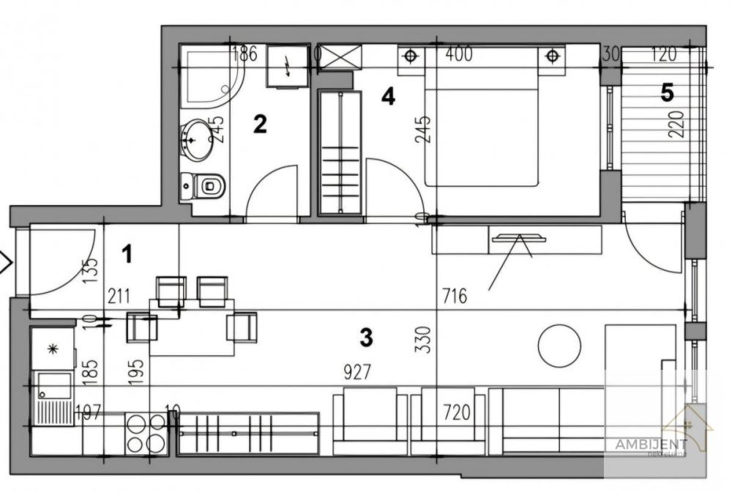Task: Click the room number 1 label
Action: [x=127, y=255]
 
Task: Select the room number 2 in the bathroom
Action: [x=259, y=124]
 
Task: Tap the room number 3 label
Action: [x=367, y=338]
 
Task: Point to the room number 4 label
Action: [x=388, y=96]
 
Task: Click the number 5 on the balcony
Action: [x=667, y=92]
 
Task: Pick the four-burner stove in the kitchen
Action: [x=146, y=434]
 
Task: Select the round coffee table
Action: [x=559, y=346]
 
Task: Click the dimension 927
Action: [x=356, y=372]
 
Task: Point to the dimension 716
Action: [x=455, y=297]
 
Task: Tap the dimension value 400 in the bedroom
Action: [x=459, y=53]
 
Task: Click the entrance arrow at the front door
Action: [x=4, y=262]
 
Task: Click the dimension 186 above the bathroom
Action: [x=244, y=53]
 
